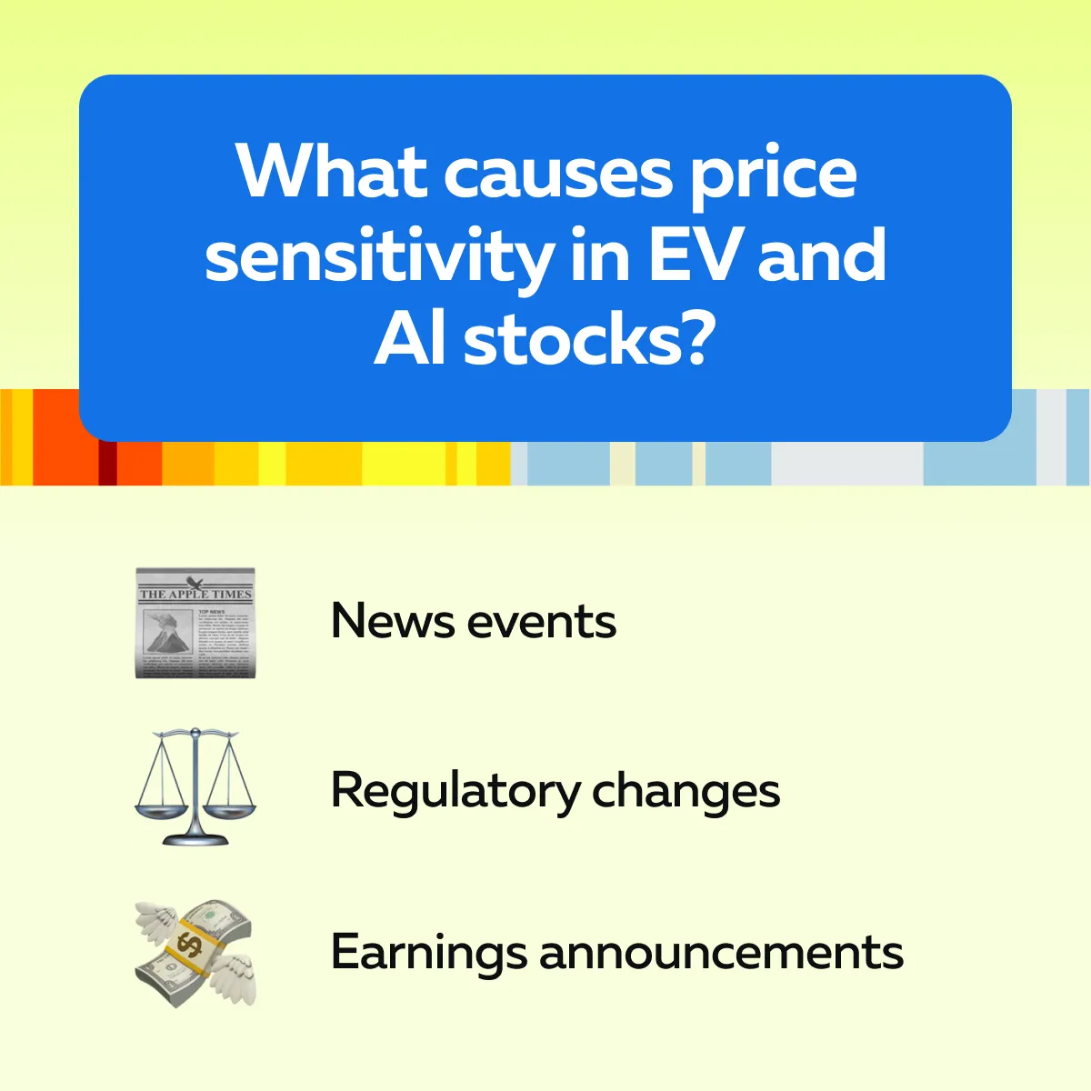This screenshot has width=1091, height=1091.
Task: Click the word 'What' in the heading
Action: click(x=332, y=170)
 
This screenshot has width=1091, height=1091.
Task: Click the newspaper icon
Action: click(x=195, y=622)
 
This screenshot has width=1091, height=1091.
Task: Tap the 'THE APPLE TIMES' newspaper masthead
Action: click(x=195, y=594)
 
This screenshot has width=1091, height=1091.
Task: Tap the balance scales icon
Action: click(x=195, y=787)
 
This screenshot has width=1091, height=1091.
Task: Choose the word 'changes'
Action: click(x=686, y=793)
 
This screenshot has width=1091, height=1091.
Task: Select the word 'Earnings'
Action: click(x=428, y=953)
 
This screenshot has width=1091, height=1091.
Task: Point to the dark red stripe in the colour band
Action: click(x=107, y=463)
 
